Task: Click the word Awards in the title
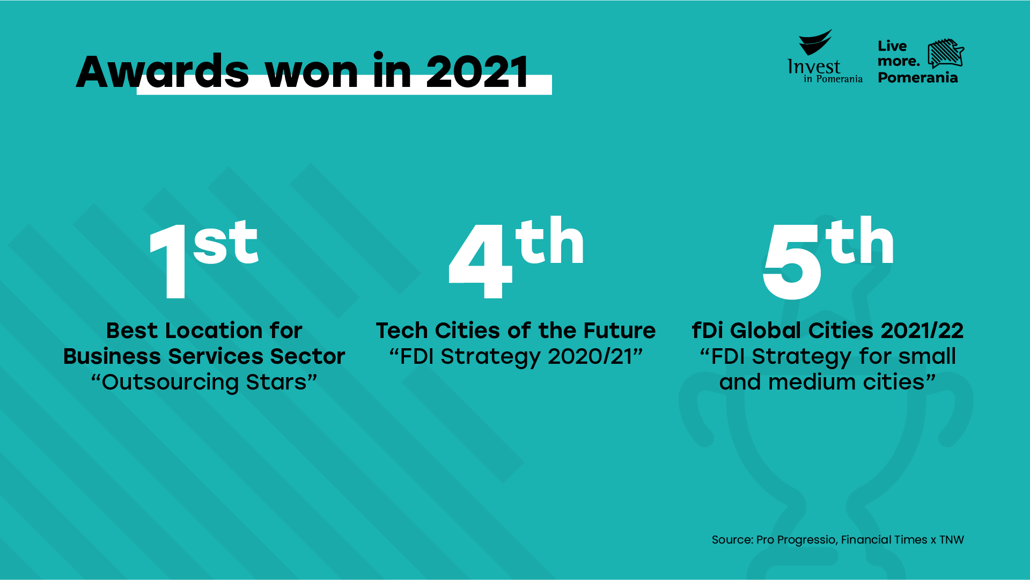click(163, 71)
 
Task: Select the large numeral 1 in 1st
click(168, 261)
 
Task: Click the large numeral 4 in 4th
click(480, 261)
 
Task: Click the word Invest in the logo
click(814, 67)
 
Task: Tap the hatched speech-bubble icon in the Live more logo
click(946, 53)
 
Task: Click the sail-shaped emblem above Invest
click(815, 42)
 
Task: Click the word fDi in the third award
click(708, 331)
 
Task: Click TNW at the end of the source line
click(952, 540)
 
